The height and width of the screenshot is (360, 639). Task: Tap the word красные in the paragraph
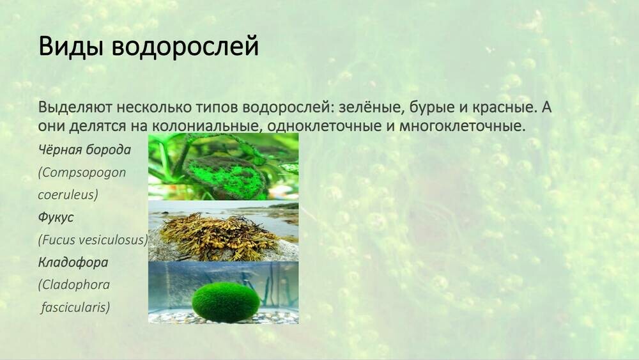(515, 107)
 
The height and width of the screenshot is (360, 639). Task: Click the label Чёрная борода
(84, 150)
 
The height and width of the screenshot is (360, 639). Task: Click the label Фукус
(56, 217)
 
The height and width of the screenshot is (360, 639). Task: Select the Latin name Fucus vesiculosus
(93, 240)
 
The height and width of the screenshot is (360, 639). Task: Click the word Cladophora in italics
(73, 285)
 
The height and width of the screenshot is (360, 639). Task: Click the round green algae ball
(226, 301)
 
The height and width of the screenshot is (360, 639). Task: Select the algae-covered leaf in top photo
(226, 176)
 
